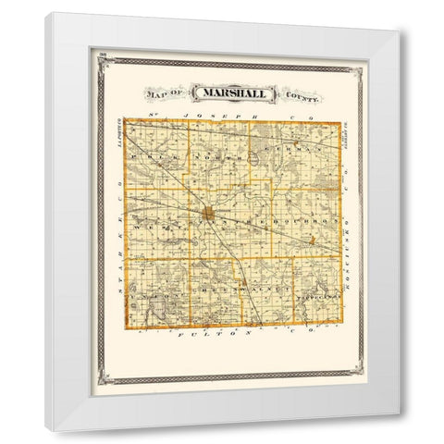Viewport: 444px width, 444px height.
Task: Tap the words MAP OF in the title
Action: click(x=163, y=93)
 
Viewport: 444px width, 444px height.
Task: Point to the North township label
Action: click(x=215, y=157)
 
